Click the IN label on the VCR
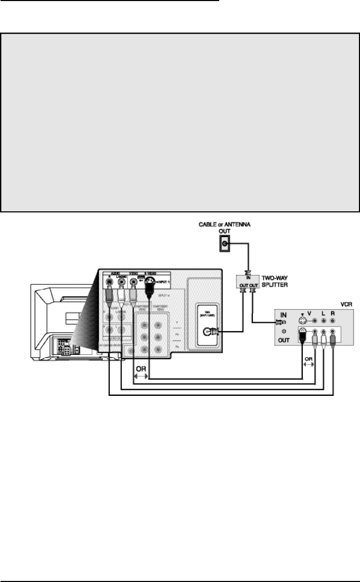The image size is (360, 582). (284, 315)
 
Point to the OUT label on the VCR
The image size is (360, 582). (284, 340)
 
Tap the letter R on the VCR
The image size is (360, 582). (332, 314)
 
